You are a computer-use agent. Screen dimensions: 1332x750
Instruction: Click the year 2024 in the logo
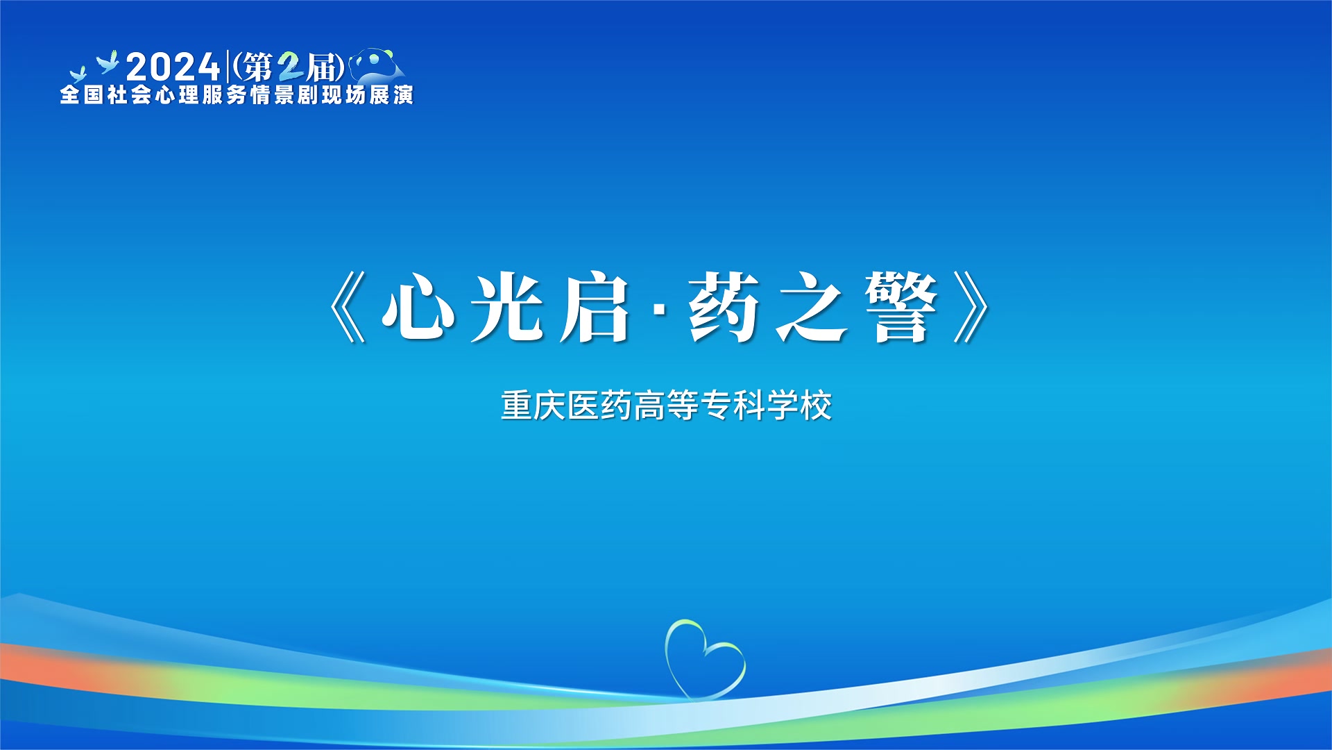pos(173,67)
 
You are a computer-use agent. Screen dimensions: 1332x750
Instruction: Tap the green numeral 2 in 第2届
pos(290,67)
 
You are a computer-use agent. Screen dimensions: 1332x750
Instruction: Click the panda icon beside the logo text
pos(376,65)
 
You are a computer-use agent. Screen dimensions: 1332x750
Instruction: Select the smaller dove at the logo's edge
pos(78,74)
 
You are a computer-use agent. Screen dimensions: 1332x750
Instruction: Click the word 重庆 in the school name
pos(533,406)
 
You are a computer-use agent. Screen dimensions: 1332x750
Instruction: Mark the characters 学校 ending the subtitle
pos(799,406)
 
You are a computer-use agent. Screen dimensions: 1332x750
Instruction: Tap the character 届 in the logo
pos(323,68)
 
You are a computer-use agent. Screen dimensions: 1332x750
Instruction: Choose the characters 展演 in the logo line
pos(391,94)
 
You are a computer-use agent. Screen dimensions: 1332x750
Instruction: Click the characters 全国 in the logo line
pos(82,94)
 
